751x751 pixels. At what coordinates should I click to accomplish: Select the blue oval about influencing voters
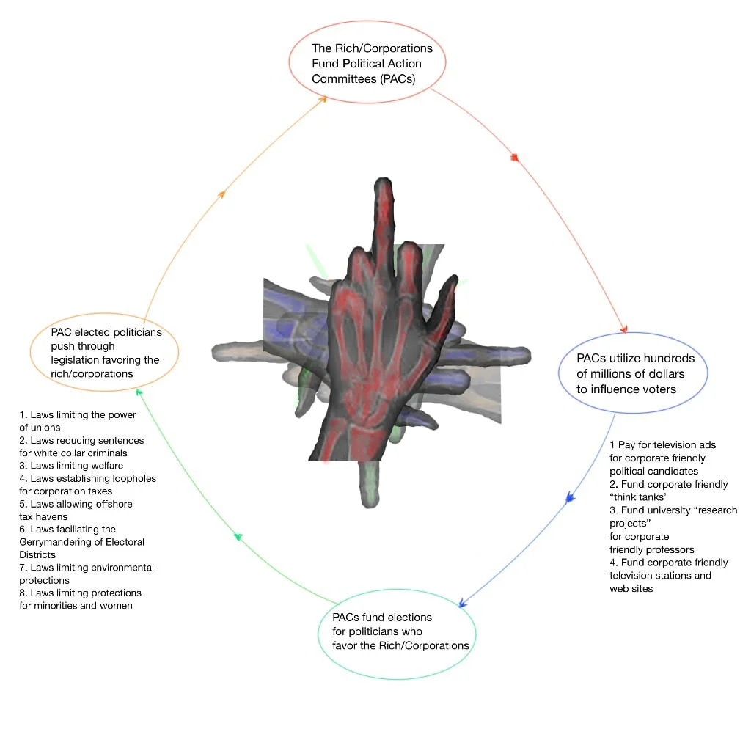[x=631, y=374]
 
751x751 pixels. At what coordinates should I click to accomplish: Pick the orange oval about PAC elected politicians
[x=105, y=353]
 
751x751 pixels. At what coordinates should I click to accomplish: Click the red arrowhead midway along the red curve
[x=515, y=158]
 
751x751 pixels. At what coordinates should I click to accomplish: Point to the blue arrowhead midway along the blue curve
[x=568, y=499]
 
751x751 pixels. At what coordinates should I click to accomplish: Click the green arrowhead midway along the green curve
[x=238, y=537]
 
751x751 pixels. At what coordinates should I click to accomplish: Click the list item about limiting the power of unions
[x=77, y=421]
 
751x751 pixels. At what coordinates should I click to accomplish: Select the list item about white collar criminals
[x=81, y=447]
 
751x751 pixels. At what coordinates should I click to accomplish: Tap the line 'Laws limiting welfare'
[x=71, y=466]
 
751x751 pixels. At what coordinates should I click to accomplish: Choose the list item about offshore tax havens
[x=76, y=510]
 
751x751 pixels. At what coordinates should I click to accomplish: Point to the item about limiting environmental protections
[x=86, y=574]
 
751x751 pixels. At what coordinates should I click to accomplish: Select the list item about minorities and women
[x=80, y=599]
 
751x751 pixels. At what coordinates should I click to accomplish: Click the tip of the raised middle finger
[x=384, y=183]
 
